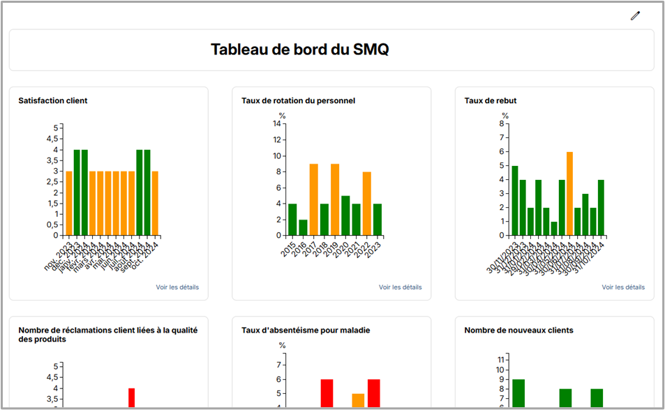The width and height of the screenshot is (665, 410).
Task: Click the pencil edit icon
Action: tap(635, 16)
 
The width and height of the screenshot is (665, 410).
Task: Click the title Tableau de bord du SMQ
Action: tap(299, 50)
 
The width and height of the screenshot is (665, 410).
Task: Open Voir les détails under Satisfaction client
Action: tap(177, 287)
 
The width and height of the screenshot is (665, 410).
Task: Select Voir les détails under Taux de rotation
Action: tap(401, 287)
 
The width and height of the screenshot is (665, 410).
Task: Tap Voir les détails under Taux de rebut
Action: tap(623, 287)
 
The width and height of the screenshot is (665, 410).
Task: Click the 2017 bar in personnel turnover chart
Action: tap(314, 199)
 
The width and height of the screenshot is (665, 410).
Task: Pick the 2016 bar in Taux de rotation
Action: tap(303, 227)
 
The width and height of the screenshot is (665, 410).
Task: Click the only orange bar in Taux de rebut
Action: tap(569, 193)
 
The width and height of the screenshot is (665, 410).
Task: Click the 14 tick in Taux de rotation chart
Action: tap(277, 124)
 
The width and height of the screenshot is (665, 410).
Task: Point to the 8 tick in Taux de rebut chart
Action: tap(502, 123)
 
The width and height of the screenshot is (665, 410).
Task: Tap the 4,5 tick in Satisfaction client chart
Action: tap(53, 139)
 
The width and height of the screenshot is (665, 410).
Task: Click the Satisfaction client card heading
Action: tap(53, 100)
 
